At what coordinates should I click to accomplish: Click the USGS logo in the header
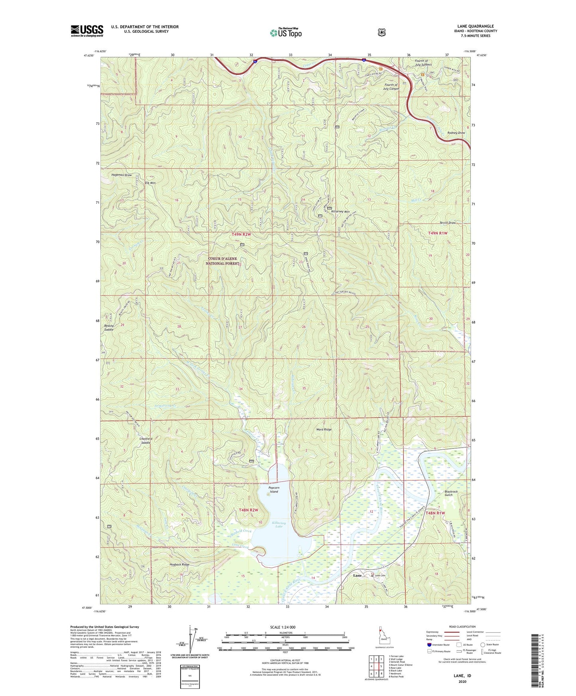click(87, 31)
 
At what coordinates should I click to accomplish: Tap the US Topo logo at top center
click(285, 33)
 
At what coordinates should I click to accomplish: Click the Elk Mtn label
click(150, 183)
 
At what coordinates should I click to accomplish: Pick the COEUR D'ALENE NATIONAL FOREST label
click(222, 261)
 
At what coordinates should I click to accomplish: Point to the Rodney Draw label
click(456, 133)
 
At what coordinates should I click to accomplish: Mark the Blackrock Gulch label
click(451, 493)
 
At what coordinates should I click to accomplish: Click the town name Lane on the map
click(358, 576)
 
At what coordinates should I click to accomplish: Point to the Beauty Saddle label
click(109, 328)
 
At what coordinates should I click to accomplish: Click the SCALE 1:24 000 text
click(283, 627)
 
